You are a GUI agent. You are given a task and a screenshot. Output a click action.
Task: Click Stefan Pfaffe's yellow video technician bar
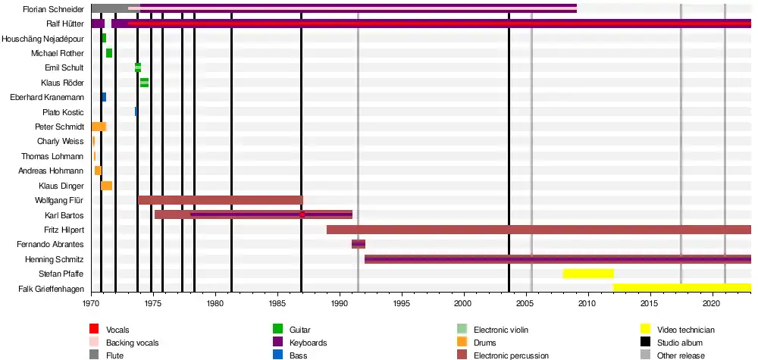pyautogui.click(x=588, y=274)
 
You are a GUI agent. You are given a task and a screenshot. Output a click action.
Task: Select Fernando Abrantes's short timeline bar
pyautogui.click(x=359, y=244)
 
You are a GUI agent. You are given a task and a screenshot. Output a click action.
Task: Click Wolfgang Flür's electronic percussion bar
pyautogui.click(x=220, y=200)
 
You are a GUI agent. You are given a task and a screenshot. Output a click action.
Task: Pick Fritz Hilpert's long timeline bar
pyautogui.click(x=538, y=230)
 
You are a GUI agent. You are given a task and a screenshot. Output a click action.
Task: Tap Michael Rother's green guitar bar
pyautogui.click(x=109, y=53)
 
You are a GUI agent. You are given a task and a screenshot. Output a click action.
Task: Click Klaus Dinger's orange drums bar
pyautogui.click(x=106, y=186)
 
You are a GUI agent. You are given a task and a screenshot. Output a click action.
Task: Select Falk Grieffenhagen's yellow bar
pyautogui.click(x=681, y=288)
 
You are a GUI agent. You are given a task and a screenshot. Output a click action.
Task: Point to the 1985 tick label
pyautogui.click(x=278, y=303)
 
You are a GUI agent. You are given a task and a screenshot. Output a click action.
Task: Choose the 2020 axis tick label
pyautogui.click(x=711, y=303)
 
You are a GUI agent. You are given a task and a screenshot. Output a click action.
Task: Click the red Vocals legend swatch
pyautogui.click(x=95, y=329)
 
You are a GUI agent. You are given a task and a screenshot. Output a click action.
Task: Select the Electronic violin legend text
pyautogui.click(x=501, y=330)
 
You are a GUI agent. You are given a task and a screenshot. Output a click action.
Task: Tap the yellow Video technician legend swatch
pyautogui.click(x=646, y=329)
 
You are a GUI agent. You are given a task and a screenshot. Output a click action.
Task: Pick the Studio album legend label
pyautogui.click(x=680, y=343)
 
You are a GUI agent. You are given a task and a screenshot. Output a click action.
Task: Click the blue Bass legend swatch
pyautogui.click(x=277, y=355)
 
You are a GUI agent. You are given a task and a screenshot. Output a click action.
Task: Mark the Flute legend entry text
pyautogui.click(x=115, y=355)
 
